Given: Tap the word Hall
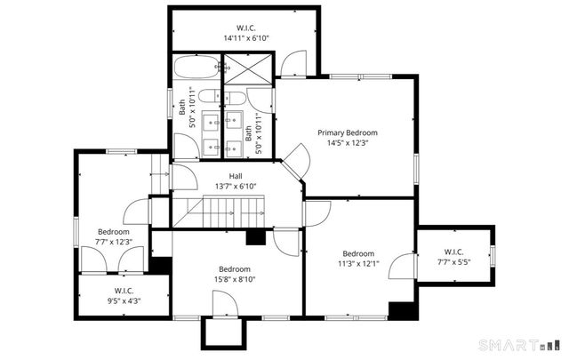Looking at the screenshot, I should (236, 176).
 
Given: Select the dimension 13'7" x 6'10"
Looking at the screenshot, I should (236, 186).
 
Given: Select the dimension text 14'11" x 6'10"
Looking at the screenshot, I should (246, 38).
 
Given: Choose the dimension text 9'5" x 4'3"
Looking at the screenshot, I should (124, 300).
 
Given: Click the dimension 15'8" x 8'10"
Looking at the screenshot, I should (235, 279).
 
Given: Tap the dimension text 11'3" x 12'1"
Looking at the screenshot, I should (358, 262).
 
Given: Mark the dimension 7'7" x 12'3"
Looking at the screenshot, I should (114, 242).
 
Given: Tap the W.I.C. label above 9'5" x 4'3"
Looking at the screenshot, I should (124, 291).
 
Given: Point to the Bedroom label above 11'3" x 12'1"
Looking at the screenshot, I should (358, 252).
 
